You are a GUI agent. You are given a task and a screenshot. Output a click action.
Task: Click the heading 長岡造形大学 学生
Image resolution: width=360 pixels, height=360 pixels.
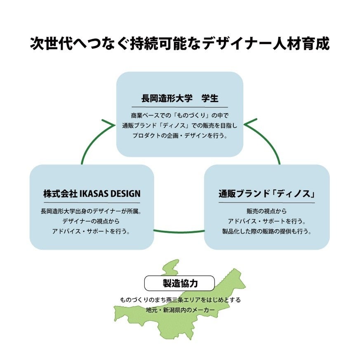point(180,99)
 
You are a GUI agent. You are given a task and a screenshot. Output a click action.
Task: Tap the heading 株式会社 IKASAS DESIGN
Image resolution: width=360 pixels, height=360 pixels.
point(92,193)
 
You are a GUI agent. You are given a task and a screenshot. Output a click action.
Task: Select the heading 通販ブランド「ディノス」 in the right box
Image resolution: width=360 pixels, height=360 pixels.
point(266,193)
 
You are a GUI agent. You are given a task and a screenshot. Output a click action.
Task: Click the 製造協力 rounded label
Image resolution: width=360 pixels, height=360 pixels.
point(180,283)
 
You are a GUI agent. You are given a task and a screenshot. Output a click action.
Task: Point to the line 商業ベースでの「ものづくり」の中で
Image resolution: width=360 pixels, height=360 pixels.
point(180,115)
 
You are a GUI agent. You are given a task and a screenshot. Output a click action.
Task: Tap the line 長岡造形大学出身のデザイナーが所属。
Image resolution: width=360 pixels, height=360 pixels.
point(92,211)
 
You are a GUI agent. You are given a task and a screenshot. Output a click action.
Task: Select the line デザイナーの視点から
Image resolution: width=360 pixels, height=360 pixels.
point(92,221)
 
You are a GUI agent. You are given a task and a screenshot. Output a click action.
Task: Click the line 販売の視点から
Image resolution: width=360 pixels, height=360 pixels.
point(266,211)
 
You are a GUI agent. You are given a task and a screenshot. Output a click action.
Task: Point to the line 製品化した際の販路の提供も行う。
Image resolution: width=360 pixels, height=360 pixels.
point(266,231)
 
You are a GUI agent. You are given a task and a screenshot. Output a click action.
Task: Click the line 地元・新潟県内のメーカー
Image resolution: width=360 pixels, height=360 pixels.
point(180,310)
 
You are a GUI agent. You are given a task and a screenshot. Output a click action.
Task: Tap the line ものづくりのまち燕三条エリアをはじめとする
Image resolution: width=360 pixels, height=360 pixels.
point(180,300)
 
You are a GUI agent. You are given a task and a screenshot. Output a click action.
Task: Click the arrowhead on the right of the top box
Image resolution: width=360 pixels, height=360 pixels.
point(251,124)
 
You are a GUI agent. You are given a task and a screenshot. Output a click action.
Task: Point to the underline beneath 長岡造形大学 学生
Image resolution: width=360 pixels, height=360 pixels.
point(180,107)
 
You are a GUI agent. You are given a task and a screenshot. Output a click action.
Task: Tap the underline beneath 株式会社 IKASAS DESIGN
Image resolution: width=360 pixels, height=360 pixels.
point(92,202)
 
